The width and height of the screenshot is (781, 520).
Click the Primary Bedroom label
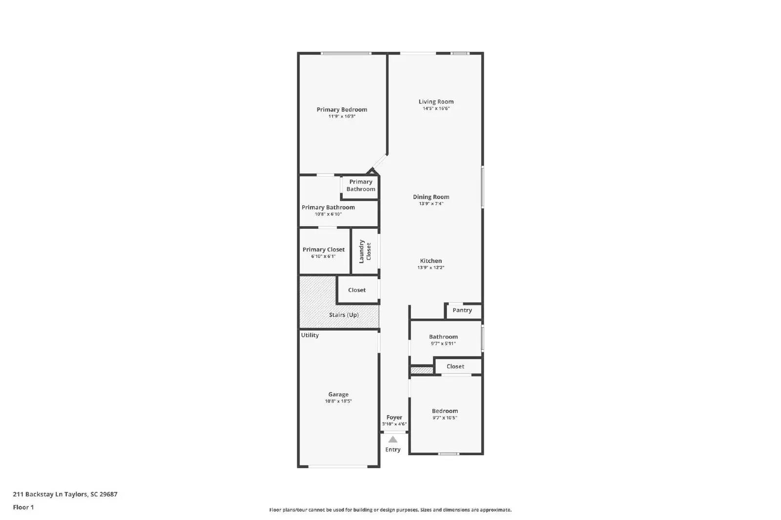tap(342, 110)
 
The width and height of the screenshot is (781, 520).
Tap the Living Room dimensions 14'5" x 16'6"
tap(436, 109)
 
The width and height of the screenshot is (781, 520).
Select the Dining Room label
tap(431, 197)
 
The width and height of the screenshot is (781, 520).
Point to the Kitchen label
tap(431, 261)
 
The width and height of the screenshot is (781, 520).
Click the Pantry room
tap(462, 310)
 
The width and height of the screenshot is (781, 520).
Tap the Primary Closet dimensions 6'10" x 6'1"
tap(324, 257)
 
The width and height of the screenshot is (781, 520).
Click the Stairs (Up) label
tap(344, 315)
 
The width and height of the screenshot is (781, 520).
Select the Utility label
tap(310, 335)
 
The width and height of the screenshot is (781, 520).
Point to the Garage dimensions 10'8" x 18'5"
tap(338, 401)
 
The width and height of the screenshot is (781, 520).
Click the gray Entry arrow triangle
tap(393, 440)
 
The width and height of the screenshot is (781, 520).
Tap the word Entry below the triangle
tap(393, 450)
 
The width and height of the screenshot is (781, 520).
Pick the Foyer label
tap(394, 418)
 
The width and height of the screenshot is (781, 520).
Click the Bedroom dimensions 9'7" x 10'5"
tap(445, 418)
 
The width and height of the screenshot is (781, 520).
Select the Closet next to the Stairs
tap(357, 290)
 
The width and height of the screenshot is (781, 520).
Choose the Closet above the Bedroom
tap(455, 366)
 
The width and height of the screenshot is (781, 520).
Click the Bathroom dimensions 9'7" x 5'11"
tap(443, 343)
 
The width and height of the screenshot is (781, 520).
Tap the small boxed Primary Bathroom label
tap(361, 185)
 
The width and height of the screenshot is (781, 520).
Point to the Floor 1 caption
tap(23, 507)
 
